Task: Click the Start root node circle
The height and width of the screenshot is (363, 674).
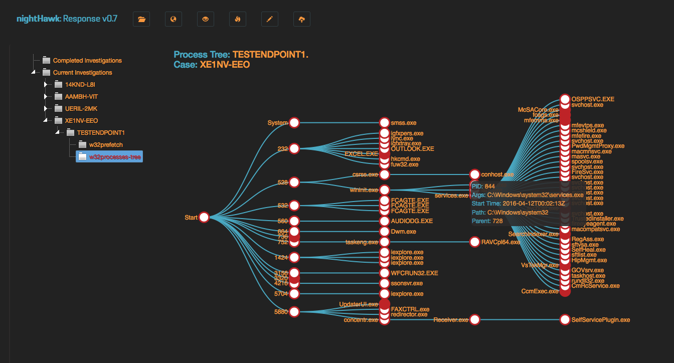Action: coord(204,218)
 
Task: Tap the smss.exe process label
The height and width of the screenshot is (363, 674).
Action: coord(404,123)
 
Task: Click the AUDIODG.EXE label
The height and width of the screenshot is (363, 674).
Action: coord(412,221)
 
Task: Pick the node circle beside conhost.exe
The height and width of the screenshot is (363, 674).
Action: coord(475,174)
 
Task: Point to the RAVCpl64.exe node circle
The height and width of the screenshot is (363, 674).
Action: coord(475,242)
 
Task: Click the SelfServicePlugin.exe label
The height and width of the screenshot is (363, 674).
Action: coord(601,320)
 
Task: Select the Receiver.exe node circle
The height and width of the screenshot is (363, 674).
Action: coord(475,320)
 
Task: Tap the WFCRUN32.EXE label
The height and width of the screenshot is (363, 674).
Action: coord(415,273)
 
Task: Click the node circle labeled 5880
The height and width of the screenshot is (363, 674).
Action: coord(294,312)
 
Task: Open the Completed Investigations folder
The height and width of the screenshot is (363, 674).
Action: coord(87,61)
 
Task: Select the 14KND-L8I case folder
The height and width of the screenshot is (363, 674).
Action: coord(80,85)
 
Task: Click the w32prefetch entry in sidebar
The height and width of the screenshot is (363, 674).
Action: coord(106,145)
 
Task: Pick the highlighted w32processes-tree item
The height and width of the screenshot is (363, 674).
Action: coord(115,157)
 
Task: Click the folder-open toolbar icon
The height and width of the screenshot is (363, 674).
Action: coord(141,20)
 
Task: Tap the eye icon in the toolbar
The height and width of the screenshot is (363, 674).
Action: coord(206,20)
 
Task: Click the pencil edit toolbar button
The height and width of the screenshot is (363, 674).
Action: coord(270,20)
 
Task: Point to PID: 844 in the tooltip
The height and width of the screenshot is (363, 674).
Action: coord(483,187)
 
